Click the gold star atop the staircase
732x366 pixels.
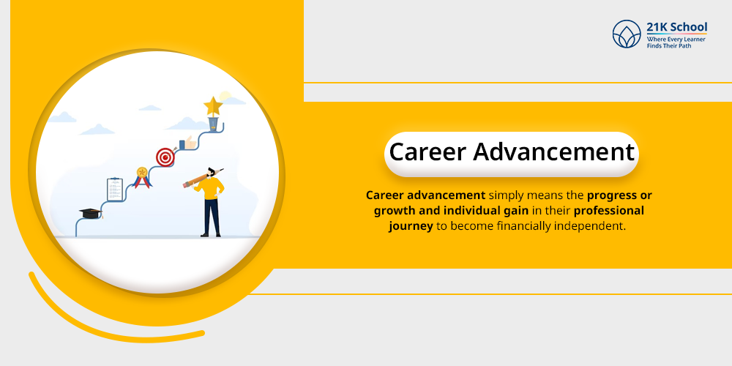point(213,106)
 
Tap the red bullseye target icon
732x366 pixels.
point(165,157)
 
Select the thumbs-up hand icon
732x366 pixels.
point(188,142)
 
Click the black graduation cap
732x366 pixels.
point(90,213)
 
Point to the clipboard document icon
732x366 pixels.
point(113,189)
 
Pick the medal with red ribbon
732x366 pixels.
point(141,176)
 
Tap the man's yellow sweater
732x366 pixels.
point(212,187)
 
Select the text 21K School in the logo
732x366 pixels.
point(676,28)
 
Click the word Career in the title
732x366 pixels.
point(427,152)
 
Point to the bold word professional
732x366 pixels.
point(609,211)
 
